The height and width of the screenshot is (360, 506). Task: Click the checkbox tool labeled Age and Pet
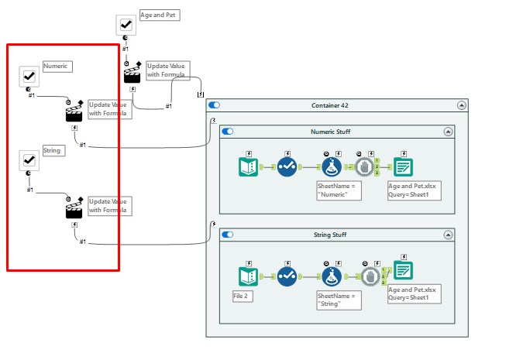click(x=126, y=25)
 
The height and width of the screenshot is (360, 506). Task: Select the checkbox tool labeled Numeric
click(x=29, y=76)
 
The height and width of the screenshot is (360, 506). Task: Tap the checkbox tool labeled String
click(x=29, y=159)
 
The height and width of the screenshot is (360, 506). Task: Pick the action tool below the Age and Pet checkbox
click(x=134, y=73)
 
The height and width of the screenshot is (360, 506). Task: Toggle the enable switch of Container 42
click(x=215, y=105)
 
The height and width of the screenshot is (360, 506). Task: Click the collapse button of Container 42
click(x=462, y=105)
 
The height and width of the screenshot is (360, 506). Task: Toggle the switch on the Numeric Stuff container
click(x=228, y=132)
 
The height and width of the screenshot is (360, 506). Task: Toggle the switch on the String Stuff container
click(x=228, y=234)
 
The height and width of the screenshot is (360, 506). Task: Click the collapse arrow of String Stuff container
click(x=448, y=234)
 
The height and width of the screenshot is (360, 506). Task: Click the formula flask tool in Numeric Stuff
click(x=332, y=166)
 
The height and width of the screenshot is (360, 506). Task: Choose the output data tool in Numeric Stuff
click(x=403, y=166)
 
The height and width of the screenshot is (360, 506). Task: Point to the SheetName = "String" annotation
click(x=339, y=300)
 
